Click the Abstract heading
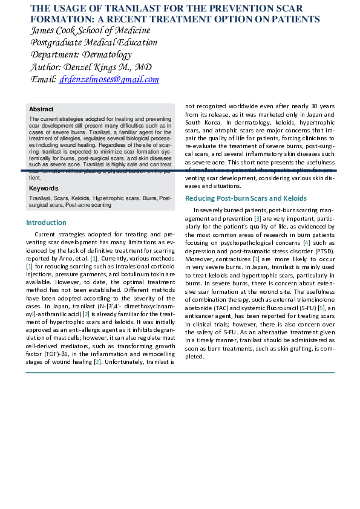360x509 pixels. point(41,109)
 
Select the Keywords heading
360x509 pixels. point(44,189)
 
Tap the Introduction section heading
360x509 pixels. point(46,222)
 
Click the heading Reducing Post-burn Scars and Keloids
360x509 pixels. point(246,198)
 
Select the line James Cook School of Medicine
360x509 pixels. point(90,30)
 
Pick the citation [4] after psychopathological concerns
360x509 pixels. point(307,242)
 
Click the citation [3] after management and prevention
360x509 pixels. point(258,218)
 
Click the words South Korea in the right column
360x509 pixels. point(200,122)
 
